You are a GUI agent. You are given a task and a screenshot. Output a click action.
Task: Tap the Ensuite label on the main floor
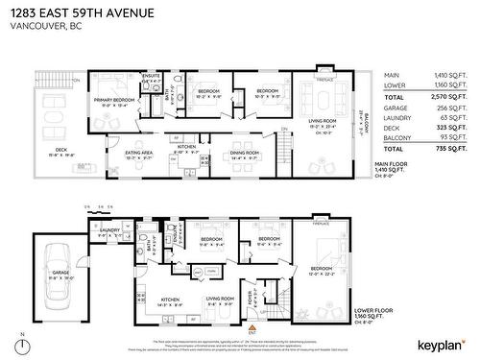click(x=151, y=75)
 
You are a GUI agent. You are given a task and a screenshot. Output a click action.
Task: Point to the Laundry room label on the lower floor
click(x=109, y=230)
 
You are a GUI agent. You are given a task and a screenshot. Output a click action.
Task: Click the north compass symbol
click(x=19, y=344)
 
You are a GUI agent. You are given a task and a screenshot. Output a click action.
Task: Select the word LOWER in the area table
click(x=394, y=85)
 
